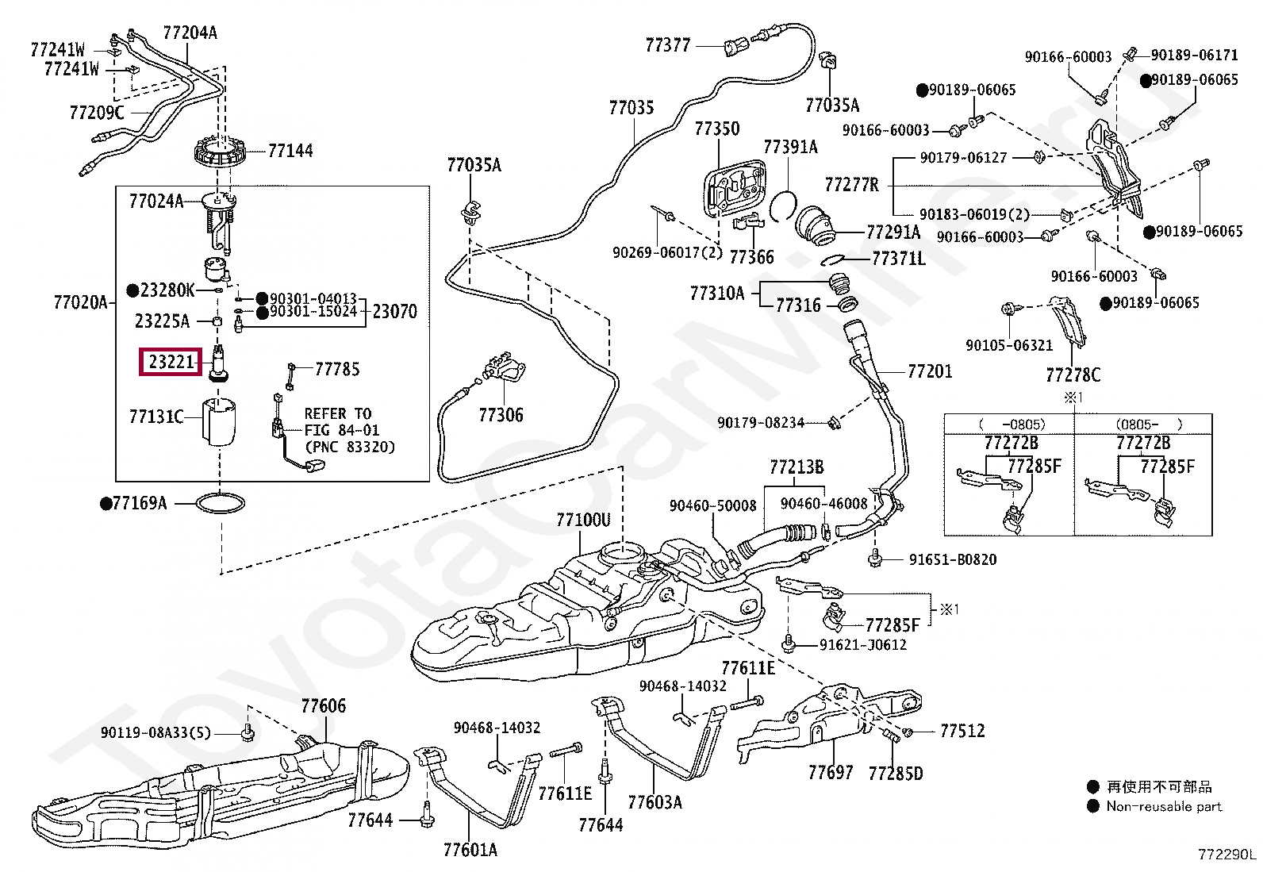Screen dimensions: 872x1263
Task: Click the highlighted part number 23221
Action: (x=171, y=362)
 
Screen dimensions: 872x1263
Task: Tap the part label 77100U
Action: (x=583, y=520)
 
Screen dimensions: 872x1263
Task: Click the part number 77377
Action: (x=668, y=45)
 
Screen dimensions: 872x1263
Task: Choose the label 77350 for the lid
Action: (x=717, y=129)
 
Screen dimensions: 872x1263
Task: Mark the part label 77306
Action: (x=501, y=414)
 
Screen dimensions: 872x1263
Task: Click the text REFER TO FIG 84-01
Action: (x=342, y=422)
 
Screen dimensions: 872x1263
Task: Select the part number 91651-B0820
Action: (x=952, y=559)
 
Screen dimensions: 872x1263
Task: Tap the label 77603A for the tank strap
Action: (x=655, y=802)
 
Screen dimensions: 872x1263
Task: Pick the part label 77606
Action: (x=324, y=705)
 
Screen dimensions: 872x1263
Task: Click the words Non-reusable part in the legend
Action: (x=1164, y=806)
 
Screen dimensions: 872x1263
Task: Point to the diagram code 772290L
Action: (x=1227, y=855)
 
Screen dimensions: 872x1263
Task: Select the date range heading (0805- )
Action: (x=1149, y=424)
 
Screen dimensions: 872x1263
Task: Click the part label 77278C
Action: (x=1073, y=375)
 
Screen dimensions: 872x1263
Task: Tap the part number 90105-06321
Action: (x=1009, y=345)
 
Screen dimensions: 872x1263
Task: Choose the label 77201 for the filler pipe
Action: (x=930, y=371)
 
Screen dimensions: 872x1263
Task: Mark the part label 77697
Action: (x=831, y=772)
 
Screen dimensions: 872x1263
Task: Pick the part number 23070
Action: (x=394, y=312)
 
